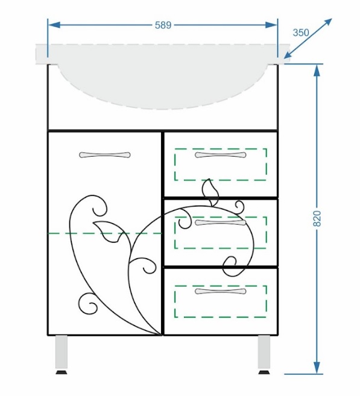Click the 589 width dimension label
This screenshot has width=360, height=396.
[x=163, y=25]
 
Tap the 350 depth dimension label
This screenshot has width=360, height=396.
[x=301, y=33]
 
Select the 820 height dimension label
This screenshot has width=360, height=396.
[x=317, y=218]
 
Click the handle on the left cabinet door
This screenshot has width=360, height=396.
[x=104, y=155]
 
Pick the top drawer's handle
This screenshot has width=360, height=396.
[x=220, y=155]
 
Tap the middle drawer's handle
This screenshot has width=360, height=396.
[x=220, y=222]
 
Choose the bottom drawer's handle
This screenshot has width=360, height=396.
[x=220, y=291]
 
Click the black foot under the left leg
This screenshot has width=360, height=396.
[x=62, y=372]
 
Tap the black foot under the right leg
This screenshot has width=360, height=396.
[x=264, y=372]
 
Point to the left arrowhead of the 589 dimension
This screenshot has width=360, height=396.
[x=54, y=25]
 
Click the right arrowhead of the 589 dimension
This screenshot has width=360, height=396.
[x=271, y=25]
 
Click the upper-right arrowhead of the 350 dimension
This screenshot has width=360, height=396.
[x=327, y=22]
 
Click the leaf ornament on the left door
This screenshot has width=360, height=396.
[x=108, y=231]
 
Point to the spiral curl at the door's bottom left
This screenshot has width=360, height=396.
[x=88, y=304]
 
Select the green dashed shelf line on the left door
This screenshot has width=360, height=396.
[x=104, y=233]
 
